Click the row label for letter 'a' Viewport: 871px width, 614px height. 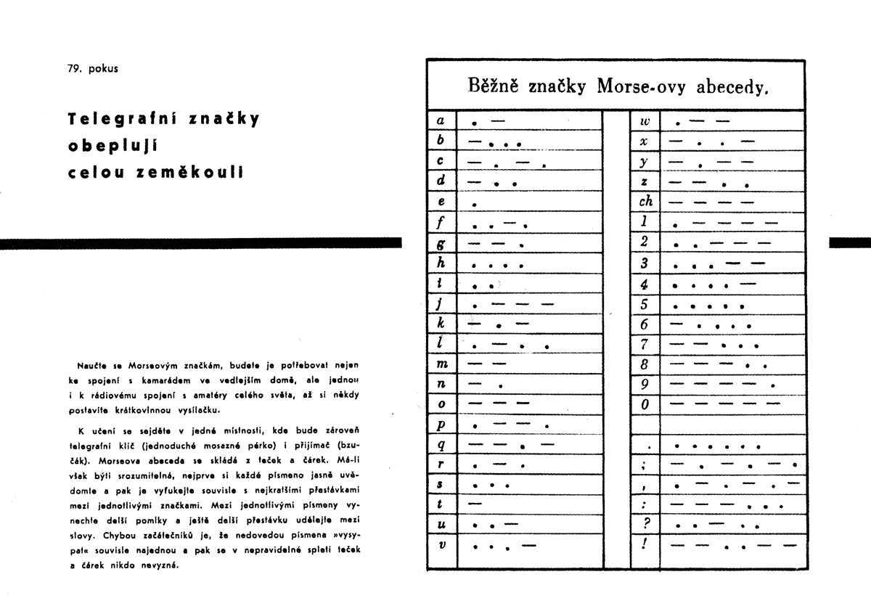tap(441, 119)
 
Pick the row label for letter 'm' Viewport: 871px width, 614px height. tap(441, 362)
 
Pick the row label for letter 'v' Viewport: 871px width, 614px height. tap(441, 544)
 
